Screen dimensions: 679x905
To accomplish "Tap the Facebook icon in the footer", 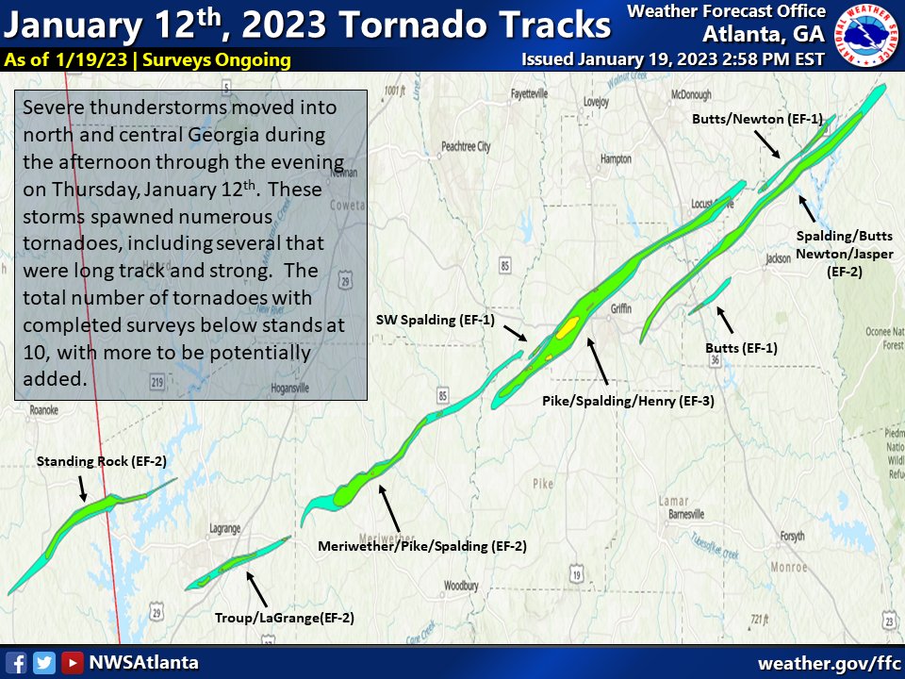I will click(16, 662).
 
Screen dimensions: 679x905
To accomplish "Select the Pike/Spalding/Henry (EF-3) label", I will click(628, 401).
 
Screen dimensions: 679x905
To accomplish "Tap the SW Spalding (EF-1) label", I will click(436, 320).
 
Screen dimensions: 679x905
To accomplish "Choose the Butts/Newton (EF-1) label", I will click(757, 120).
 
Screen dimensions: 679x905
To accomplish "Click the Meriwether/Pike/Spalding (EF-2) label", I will click(421, 546).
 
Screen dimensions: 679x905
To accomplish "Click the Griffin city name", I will click(619, 308).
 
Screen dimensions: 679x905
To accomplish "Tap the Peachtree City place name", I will click(466, 146).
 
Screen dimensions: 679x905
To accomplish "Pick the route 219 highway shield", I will click(156, 381).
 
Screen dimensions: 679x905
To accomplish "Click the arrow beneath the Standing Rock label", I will click(82, 487).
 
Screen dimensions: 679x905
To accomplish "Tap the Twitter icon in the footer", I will click(43, 662).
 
